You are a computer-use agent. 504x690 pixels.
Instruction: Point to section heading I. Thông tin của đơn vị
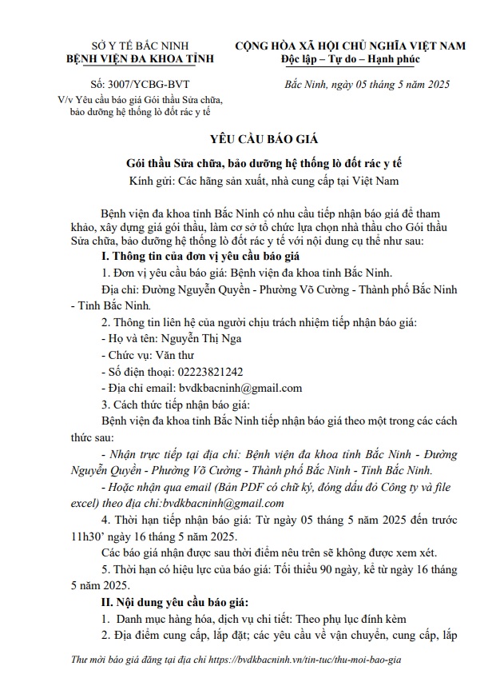pos(195,256)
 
